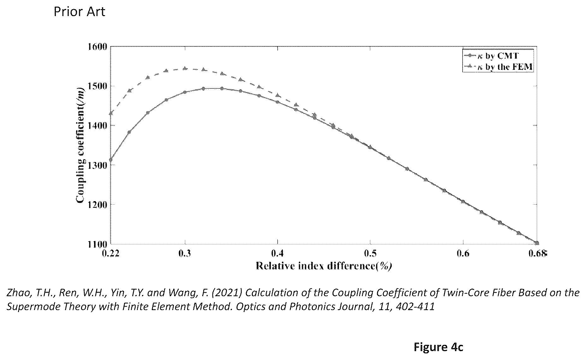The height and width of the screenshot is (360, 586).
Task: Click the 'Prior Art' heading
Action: (x=80, y=12)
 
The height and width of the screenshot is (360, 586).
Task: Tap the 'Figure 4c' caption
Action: (x=438, y=347)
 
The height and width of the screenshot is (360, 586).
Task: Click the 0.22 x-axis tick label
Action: (x=111, y=254)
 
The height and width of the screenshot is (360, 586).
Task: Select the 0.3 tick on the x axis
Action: (x=185, y=254)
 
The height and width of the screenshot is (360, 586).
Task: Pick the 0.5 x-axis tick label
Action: (x=370, y=254)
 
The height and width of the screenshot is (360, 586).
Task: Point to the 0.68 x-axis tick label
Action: (x=537, y=254)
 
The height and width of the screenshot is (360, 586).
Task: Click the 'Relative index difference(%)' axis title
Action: (x=324, y=266)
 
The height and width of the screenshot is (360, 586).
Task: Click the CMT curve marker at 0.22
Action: (x=111, y=160)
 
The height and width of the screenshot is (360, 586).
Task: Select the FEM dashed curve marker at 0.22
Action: (x=111, y=113)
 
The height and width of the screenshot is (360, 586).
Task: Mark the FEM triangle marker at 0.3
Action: (x=185, y=68)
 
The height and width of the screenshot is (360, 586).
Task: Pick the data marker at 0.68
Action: (x=537, y=243)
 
